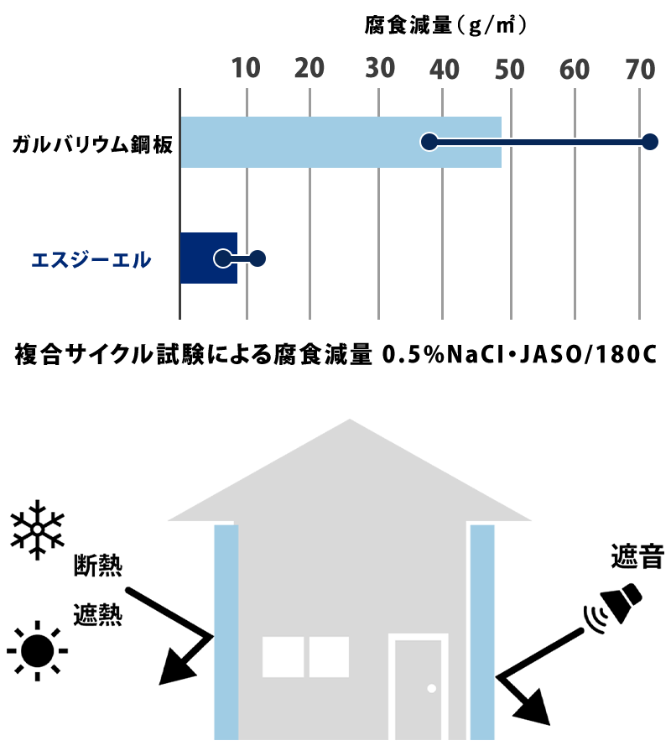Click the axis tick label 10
coord(246,70)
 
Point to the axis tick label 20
coord(309,70)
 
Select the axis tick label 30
coord(380,70)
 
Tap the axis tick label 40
coord(445,70)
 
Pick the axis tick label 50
coord(509,70)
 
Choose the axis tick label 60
coord(575,70)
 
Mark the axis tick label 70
coord(640,70)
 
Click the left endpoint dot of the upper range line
coord(429,142)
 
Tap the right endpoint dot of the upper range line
coord(649,142)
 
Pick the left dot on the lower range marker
coord(222,258)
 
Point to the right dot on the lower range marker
coord(257,258)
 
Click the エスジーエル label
coord(91,260)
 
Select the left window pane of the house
coord(283,657)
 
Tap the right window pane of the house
coord(329,657)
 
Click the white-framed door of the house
coord(418,688)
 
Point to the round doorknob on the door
coord(432,688)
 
